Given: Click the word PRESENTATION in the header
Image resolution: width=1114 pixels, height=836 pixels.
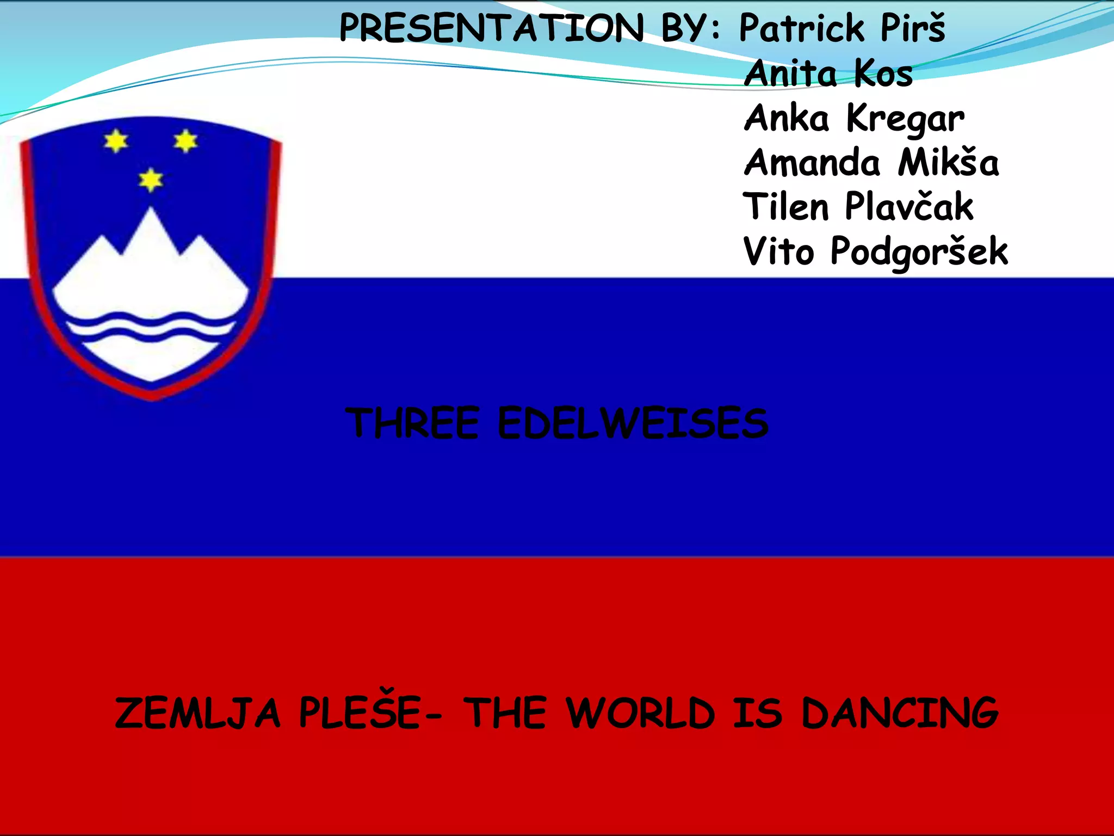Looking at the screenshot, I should point(491,28).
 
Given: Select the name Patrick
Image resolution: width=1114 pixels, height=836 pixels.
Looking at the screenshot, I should point(801,28).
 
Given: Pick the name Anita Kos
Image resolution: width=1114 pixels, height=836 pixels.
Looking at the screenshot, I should point(828,73).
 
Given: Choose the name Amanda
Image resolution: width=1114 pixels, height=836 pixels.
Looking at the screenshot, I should point(812,163).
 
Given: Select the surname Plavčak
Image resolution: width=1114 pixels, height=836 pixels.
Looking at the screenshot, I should point(909,207).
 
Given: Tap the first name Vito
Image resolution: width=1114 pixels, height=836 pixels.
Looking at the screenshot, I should point(778,251).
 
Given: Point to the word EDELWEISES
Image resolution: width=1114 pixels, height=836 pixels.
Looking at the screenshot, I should point(633,423).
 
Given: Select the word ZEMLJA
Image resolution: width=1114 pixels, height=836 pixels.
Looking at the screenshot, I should point(198,713).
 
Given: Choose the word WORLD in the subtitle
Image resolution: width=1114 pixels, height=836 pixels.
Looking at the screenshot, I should point(640,713).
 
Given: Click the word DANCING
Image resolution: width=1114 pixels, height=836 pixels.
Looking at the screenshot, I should point(900,713).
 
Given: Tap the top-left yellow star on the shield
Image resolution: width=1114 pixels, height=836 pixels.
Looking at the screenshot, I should point(116,142).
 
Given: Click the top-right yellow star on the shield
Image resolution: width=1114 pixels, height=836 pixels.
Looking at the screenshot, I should point(185,141).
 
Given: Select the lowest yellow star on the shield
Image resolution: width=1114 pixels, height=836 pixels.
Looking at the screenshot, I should point(151,180).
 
